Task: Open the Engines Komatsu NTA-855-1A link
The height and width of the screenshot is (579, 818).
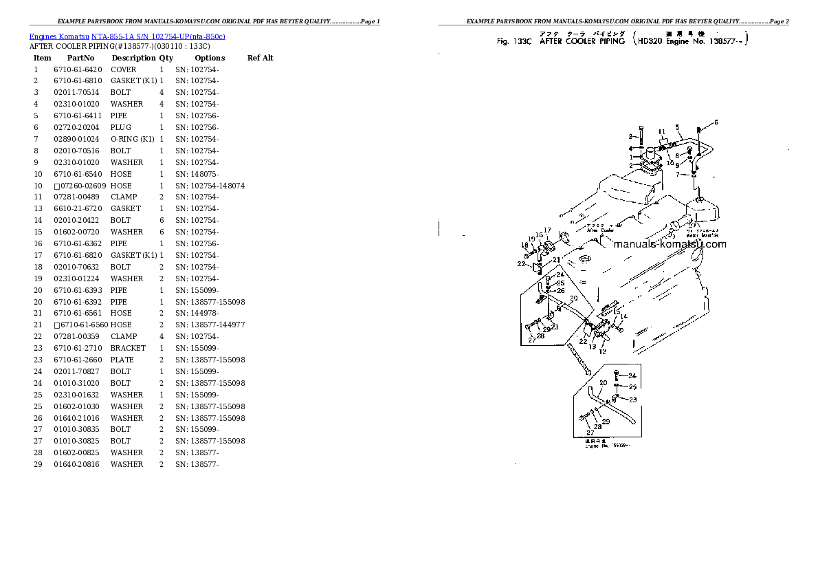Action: coord(127,36)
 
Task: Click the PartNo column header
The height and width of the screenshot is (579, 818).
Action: coord(80,58)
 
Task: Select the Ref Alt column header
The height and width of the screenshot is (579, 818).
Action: coord(260,58)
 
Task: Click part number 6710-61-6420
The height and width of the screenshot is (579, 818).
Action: coord(77,69)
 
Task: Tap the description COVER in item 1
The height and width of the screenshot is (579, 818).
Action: coord(124,69)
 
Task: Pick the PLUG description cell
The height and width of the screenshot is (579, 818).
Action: coord(121,127)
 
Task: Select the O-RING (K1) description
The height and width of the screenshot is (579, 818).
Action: coord(133,139)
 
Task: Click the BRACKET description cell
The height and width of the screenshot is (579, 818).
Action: coord(128,348)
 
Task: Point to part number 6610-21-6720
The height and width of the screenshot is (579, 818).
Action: coord(77,208)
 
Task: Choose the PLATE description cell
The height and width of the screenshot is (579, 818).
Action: coord(122,360)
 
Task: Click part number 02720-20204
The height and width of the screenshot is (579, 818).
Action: coord(77,127)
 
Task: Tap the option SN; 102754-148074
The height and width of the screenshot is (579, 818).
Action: coord(210,186)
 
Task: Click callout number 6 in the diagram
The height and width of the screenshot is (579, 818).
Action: coord(715,122)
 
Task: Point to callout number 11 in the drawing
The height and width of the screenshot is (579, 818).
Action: coord(661,131)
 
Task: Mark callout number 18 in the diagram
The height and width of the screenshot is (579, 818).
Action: coord(524,244)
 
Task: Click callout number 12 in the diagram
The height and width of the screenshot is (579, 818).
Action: coord(603,351)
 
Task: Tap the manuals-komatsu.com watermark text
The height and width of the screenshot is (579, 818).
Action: coord(669,244)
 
